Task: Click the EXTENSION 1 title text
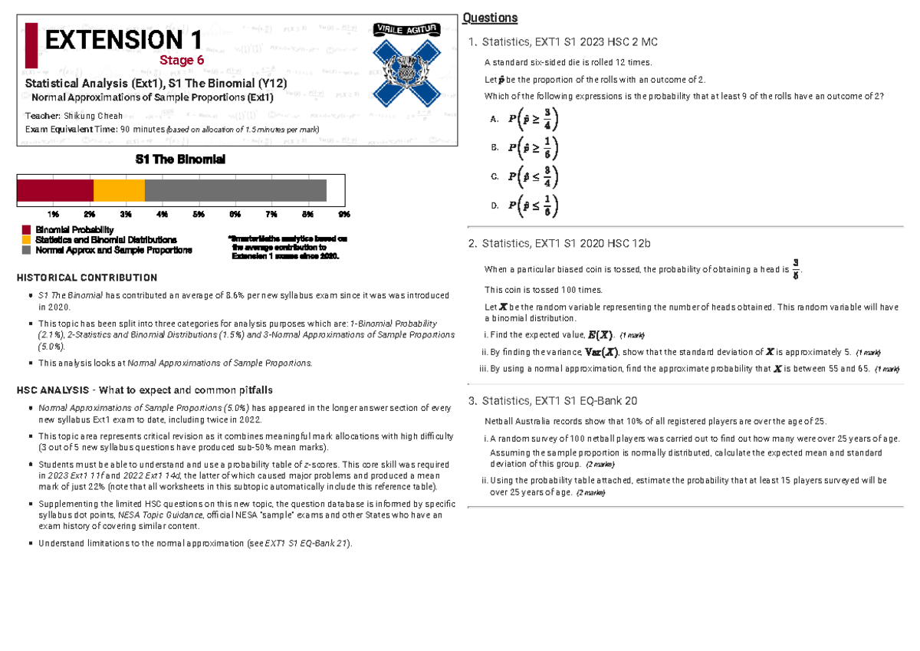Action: (123, 40)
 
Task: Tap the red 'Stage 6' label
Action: (182, 61)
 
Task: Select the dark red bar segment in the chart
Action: (55, 190)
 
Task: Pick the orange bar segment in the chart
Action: (119, 190)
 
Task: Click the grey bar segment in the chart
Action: (235, 190)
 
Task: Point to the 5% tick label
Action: (199, 213)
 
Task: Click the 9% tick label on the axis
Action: (343, 213)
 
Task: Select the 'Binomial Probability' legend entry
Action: (74, 230)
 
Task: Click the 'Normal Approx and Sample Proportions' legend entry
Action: (113, 250)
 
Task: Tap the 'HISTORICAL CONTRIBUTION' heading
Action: (87, 278)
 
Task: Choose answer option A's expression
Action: (534, 119)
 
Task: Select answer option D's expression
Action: (534, 205)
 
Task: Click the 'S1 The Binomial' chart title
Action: (180, 159)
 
